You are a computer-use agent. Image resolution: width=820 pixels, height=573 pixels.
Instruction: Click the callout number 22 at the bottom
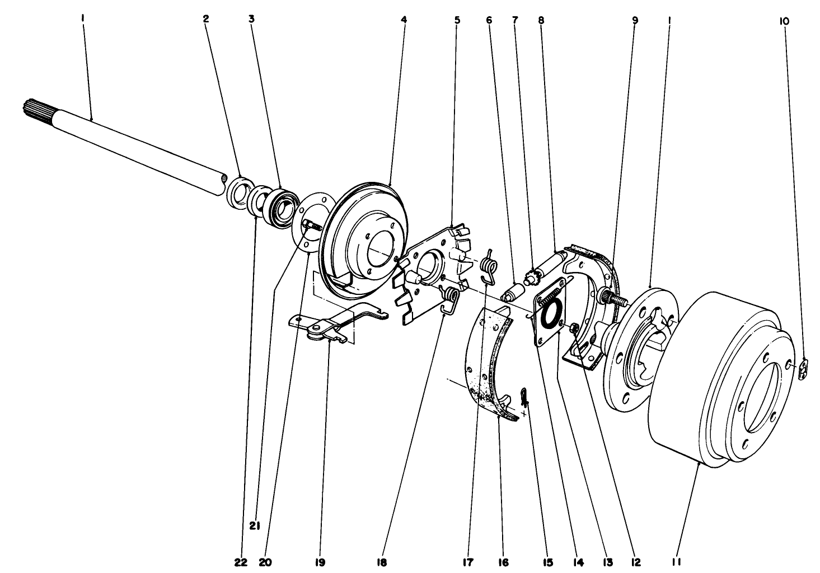pos(241,562)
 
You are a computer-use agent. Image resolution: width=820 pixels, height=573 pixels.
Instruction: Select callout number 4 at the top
pos(404,20)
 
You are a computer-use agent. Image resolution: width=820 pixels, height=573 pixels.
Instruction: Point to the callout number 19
pos(320,562)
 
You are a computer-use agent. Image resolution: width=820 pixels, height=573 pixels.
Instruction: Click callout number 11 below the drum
pos(676,562)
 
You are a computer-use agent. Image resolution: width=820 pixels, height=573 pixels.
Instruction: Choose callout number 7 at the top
pos(515,20)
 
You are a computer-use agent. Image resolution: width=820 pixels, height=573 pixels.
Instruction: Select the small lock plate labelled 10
pos(804,368)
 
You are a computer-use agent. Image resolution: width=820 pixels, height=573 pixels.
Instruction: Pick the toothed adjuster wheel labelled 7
pos(533,276)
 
